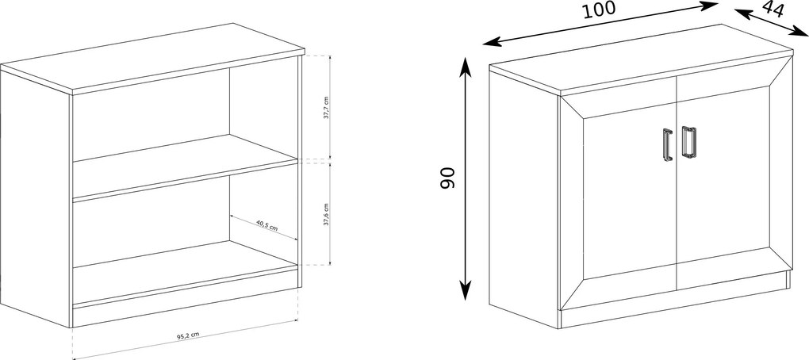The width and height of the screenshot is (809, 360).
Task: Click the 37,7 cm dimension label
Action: pos(325,107)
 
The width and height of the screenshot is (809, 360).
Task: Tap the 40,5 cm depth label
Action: pos(266,225)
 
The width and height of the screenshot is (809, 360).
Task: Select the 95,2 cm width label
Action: pos(188,335)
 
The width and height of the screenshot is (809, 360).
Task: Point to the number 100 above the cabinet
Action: pos(599,10)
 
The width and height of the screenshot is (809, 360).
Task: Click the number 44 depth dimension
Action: pos(773,9)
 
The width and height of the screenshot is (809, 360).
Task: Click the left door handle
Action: pos(668,144)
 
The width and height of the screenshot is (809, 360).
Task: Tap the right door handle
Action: pos(688,141)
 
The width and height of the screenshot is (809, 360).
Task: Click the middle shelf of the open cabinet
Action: pos(186,167)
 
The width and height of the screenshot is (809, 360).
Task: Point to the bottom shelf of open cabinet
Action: pos(186,273)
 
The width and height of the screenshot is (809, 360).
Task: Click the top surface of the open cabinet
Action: pos(153,57)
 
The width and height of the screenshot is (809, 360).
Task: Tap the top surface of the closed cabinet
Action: pos(642,59)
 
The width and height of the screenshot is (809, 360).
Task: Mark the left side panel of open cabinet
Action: pos(35,198)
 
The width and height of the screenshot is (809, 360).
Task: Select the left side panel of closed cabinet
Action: pos(524,200)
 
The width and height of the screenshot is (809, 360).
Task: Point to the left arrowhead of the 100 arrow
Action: pos(491,42)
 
